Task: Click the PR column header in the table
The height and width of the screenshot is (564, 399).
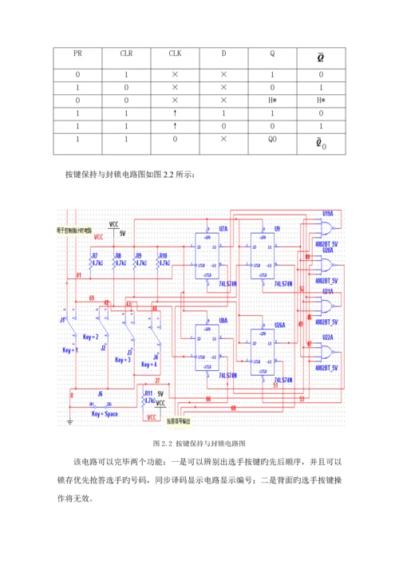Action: (77, 54)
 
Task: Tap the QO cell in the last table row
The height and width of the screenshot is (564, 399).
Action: (273, 138)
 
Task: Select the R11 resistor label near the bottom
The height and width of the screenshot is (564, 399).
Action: (148, 394)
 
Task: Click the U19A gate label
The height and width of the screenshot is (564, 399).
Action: (327, 213)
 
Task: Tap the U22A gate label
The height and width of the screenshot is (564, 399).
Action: (327, 337)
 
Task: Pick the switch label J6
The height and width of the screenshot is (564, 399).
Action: (99, 394)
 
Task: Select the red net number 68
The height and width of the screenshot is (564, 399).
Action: (233, 408)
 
